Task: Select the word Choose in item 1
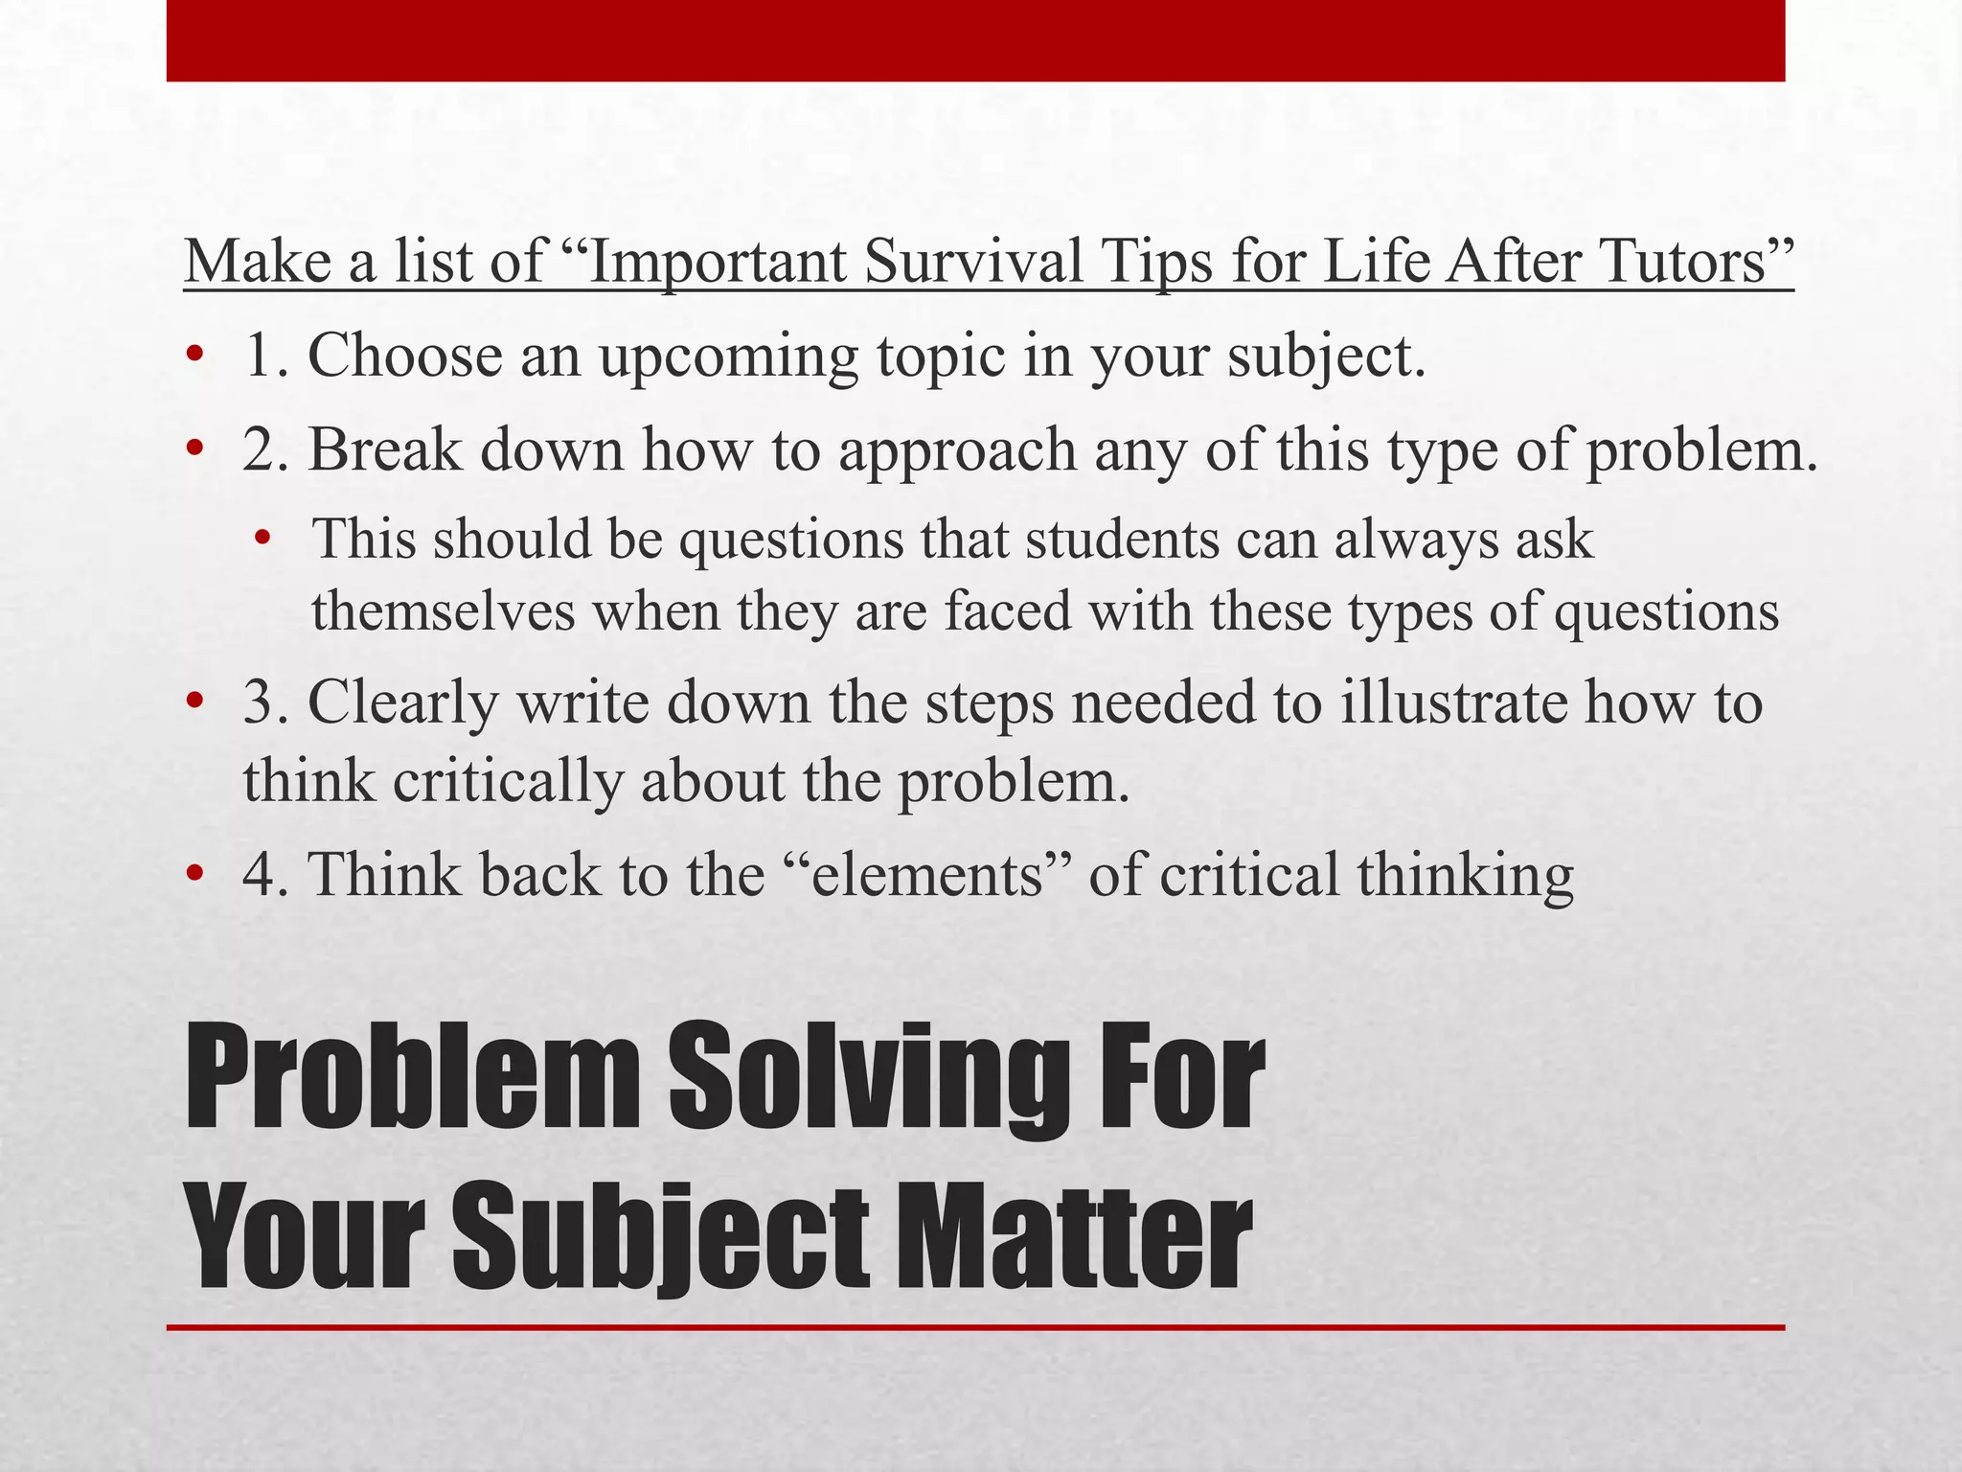404,355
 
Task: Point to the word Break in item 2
384,449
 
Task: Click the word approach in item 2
958,451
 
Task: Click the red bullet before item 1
195,356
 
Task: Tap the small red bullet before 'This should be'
262,540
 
